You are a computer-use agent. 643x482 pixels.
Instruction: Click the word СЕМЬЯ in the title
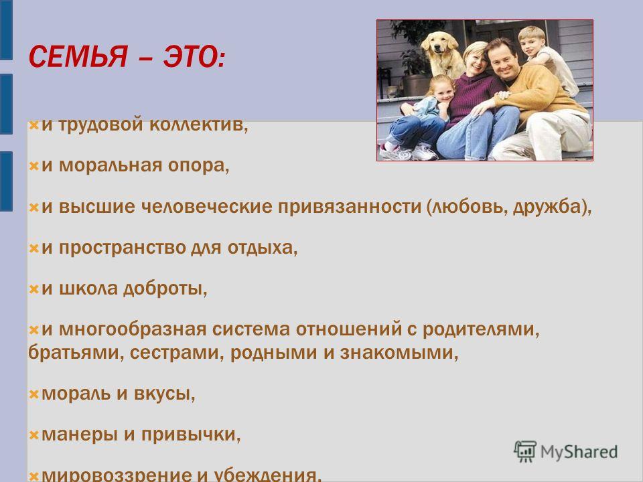tap(78, 56)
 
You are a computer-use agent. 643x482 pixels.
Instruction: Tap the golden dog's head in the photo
tap(440, 45)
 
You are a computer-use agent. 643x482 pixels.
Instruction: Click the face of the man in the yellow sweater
tap(502, 60)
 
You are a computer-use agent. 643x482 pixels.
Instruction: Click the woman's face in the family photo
tap(476, 60)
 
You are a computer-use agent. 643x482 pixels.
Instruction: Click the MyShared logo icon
tap(525, 452)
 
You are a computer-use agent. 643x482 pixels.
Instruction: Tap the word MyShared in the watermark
tap(579, 452)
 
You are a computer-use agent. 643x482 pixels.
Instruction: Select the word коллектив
tap(198, 125)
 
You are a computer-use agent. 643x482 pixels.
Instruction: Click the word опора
tap(198, 165)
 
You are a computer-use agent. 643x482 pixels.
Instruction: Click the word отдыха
tap(263, 248)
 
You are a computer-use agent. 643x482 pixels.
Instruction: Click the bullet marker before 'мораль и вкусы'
tap(33, 395)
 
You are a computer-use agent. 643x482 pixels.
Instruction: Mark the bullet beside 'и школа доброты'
tap(33, 289)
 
